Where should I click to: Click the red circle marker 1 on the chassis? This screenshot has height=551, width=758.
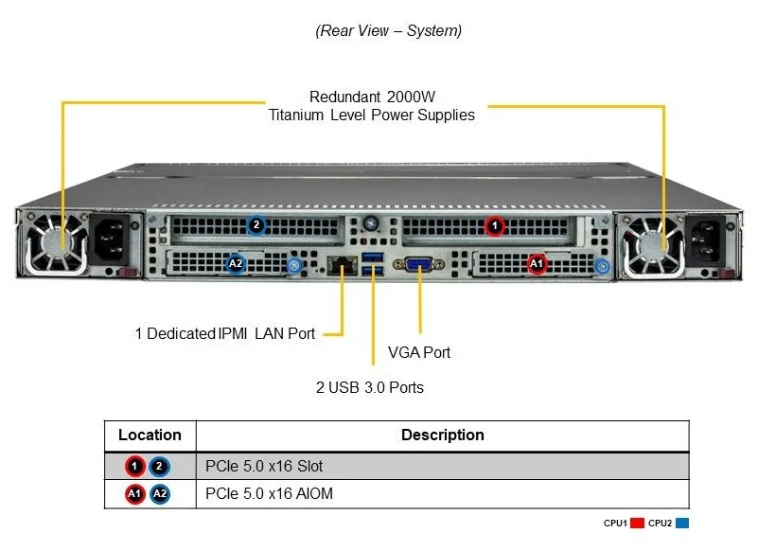click(x=495, y=225)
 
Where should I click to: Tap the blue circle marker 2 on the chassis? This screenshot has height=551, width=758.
click(x=256, y=224)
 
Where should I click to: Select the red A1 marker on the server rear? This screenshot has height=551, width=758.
click(x=537, y=263)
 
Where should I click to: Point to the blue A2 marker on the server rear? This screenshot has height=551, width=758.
click(x=236, y=263)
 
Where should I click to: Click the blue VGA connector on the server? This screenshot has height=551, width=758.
click(x=418, y=265)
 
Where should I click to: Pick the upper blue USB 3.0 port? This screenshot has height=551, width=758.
click(x=372, y=257)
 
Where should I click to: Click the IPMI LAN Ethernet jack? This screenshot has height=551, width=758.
click(x=342, y=265)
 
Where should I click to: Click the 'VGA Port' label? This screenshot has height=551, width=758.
click(x=419, y=352)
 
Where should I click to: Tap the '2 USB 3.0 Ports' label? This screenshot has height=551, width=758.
click(x=370, y=387)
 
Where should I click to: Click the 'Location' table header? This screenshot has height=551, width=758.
click(x=150, y=435)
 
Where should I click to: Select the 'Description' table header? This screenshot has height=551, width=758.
click(x=443, y=435)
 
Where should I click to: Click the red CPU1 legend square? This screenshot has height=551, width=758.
click(x=637, y=523)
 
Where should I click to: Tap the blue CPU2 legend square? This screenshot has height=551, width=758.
click(x=682, y=523)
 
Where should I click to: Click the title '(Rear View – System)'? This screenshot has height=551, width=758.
click(x=389, y=30)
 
